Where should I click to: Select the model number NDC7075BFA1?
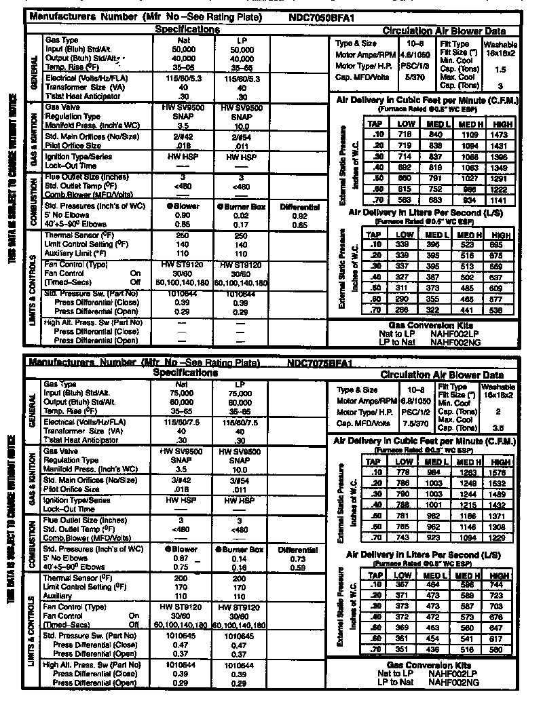coord(320,363)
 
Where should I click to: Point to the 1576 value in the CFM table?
coord(500,472)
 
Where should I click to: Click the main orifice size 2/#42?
coord(183,136)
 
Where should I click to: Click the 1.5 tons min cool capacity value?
coord(500,69)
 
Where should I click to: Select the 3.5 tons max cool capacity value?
coord(500,428)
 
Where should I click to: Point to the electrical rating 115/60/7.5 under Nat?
coord(183,422)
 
